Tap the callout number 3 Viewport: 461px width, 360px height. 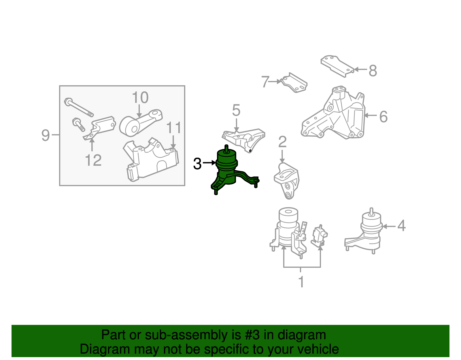[197, 164]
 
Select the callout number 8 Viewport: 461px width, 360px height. [373, 71]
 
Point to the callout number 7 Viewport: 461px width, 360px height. [265, 82]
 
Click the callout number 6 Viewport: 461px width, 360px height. [383, 117]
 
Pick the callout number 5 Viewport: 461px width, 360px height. [236, 110]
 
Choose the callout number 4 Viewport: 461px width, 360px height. [401, 225]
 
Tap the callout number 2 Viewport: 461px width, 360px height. [282, 142]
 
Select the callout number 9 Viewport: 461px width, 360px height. [46, 135]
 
